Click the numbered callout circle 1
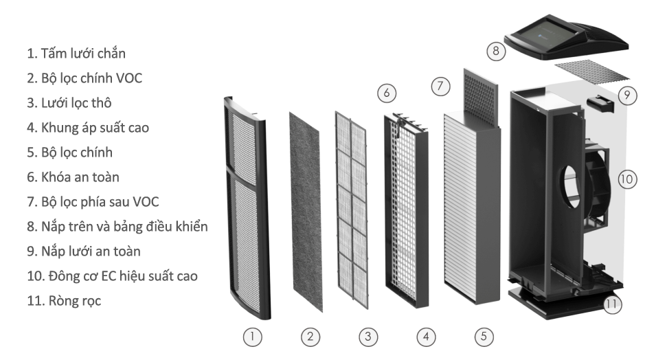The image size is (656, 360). pyautogui.click(x=253, y=337)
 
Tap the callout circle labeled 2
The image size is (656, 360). pyautogui.click(x=310, y=337)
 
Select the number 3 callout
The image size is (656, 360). pyautogui.click(x=368, y=337)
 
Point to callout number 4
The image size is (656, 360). pyautogui.click(x=426, y=337)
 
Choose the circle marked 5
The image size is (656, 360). pyautogui.click(x=484, y=337)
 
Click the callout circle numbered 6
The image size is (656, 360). pyautogui.click(x=387, y=91)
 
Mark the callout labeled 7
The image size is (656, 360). pyautogui.click(x=440, y=87)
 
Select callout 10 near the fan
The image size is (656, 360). pyautogui.click(x=626, y=179)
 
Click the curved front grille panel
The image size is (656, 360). pyautogui.click(x=248, y=206)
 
